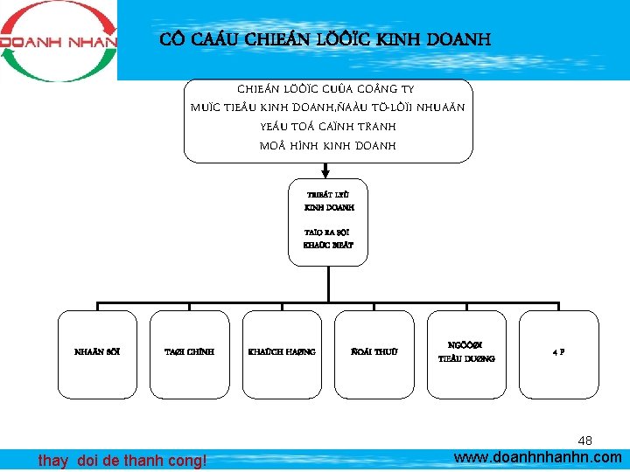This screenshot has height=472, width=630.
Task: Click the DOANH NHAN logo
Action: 58,41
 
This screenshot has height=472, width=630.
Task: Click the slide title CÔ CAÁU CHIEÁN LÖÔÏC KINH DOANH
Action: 325,40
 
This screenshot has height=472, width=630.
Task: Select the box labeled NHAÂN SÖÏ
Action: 97,352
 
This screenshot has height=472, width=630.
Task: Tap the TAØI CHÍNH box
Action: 189,352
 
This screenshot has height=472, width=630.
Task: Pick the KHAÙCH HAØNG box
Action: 282,352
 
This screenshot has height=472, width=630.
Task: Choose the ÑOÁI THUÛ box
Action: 374,352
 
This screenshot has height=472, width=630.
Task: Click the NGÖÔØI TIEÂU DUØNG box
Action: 466,352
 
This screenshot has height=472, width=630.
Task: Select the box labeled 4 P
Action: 558,352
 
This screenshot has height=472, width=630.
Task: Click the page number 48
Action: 585,441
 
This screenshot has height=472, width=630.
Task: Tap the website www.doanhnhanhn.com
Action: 538,457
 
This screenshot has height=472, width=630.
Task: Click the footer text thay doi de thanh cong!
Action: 122,460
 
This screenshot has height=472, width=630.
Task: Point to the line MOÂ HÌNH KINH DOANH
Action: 328,145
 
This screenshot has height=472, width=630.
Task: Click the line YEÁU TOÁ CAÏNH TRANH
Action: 328,126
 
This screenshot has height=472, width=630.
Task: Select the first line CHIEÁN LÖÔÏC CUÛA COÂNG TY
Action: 328,89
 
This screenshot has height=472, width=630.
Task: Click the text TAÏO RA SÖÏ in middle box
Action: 328,233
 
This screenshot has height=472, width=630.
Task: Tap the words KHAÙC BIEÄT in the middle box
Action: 328,246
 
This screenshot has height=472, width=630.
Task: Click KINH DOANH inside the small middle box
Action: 328,208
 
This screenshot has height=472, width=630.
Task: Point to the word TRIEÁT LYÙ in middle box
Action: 328,196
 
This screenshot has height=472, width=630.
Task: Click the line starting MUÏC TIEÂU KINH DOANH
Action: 328,108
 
